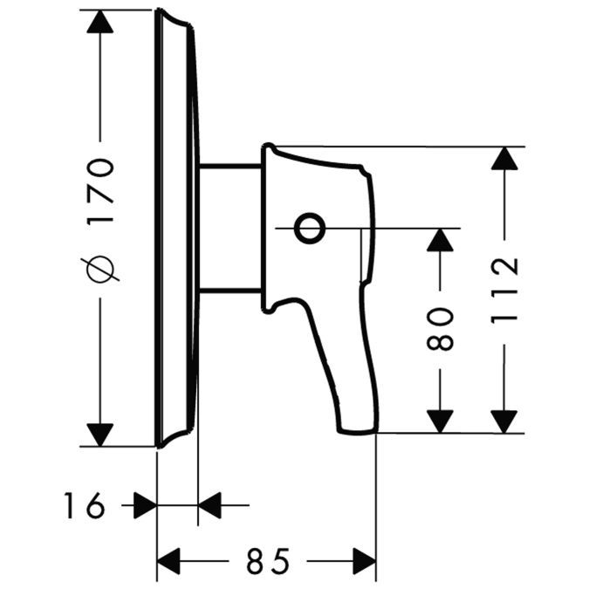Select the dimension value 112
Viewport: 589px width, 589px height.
(x=504, y=291)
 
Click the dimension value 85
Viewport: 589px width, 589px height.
(x=266, y=559)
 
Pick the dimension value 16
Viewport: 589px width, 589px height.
(x=84, y=504)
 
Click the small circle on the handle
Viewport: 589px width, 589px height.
(x=308, y=229)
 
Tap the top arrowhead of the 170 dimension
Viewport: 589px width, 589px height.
(x=101, y=22)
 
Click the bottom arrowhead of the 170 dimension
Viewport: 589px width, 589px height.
(x=101, y=433)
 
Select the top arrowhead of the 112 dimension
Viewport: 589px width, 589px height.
(x=503, y=159)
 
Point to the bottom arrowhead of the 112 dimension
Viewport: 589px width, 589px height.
(x=503, y=421)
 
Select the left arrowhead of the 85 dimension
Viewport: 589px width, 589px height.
(x=168, y=559)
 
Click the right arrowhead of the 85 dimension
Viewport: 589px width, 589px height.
(x=365, y=559)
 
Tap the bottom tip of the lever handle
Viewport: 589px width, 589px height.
(x=358, y=428)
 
